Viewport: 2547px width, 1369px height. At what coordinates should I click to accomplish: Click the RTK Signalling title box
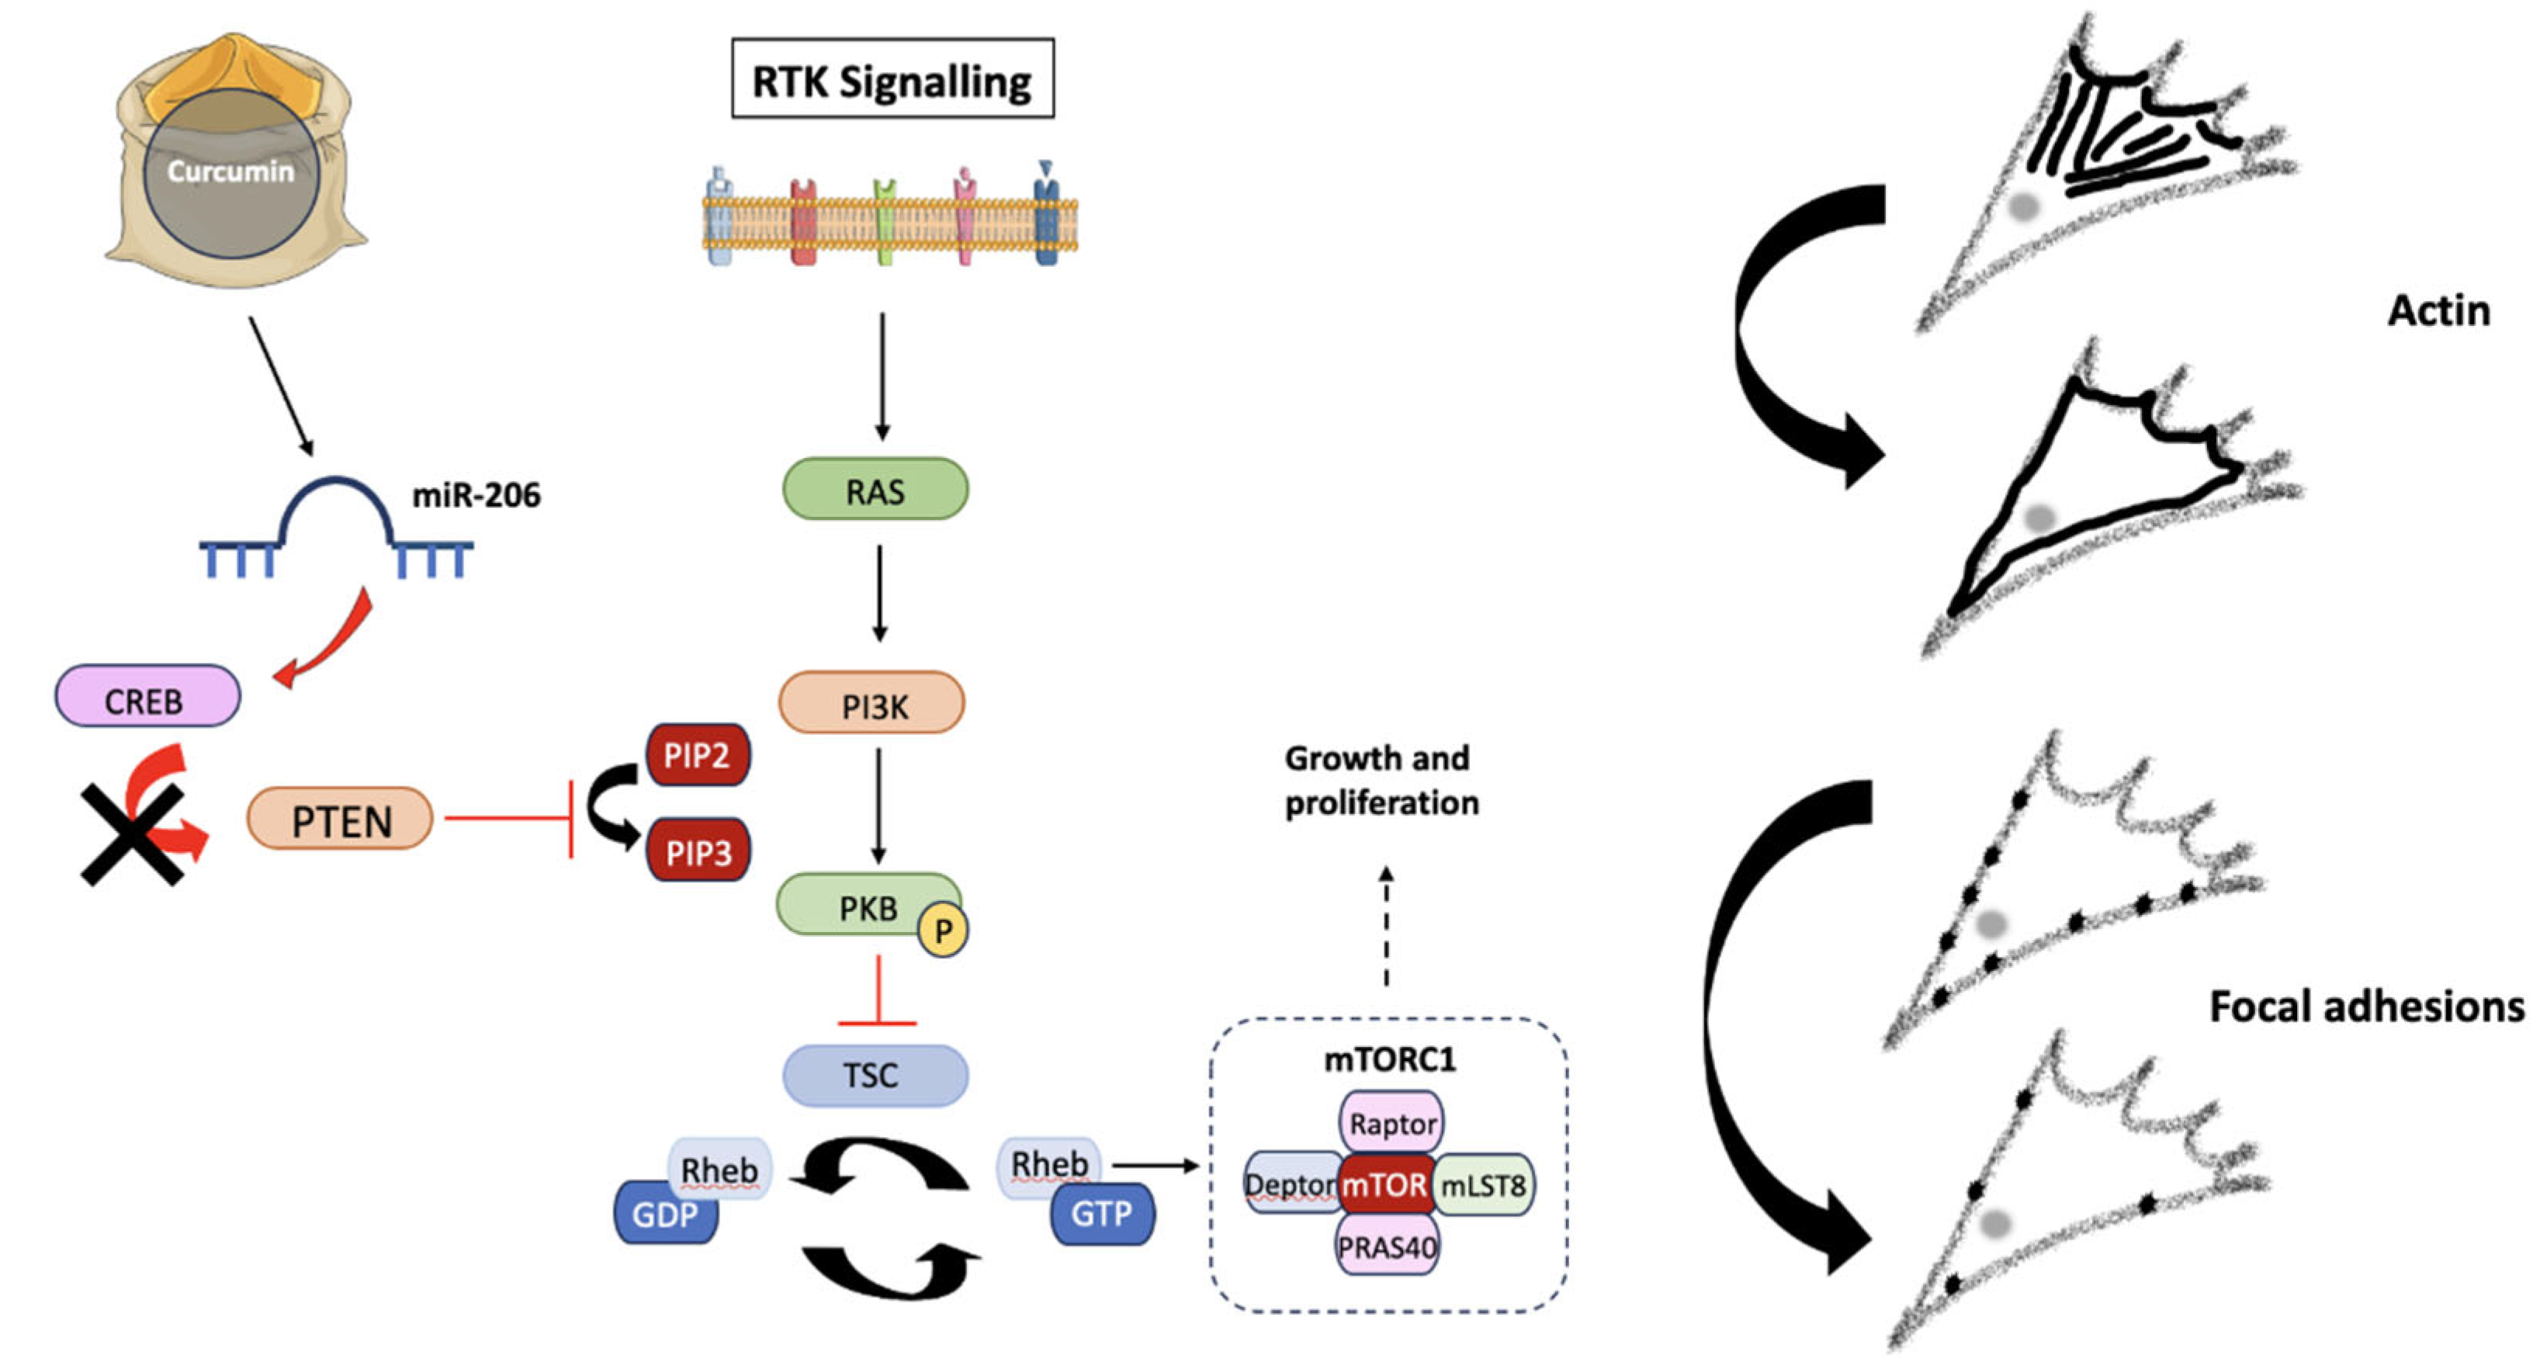coord(892,79)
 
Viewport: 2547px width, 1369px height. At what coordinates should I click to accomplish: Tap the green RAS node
coord(875,489)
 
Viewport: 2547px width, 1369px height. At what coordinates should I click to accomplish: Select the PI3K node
coord(872,704)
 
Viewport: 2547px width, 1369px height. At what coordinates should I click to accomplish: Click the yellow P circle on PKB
coord(942,931)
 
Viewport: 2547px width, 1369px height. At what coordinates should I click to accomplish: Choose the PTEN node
coord(339,820)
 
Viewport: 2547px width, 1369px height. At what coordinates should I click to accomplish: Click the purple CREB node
coord(147,698)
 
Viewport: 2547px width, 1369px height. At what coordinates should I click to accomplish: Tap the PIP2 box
coord(697,755)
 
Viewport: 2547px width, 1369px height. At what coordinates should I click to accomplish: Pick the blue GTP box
coord(1101,1214)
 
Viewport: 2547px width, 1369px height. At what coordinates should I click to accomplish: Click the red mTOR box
coord(1384,1184)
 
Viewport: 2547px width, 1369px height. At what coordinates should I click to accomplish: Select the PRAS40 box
coord(1386,1247)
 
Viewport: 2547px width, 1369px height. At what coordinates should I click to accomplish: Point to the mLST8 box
coord(1483,1184)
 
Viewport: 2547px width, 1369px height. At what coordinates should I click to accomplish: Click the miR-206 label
coord(476,495)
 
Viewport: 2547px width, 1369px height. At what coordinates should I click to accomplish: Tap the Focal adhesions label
coord(2365,1007)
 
